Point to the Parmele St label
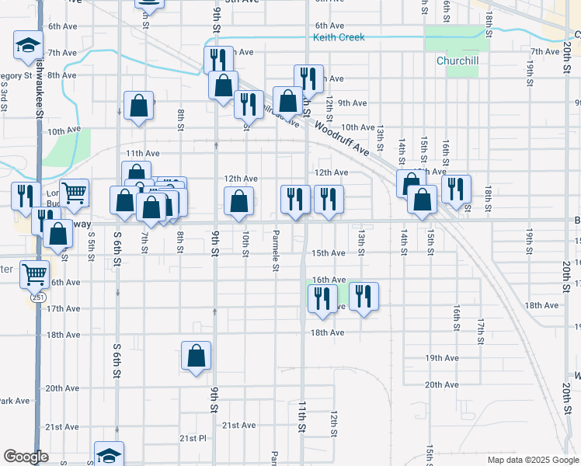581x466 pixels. (276, 249)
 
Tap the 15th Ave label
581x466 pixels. (328, 253)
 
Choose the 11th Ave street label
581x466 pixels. (142, 154)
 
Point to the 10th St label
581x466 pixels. (245, 243)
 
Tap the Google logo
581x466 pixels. (25, 457)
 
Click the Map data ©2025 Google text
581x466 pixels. (532, 460)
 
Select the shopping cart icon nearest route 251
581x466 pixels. (34, 273)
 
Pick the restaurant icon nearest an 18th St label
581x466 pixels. (456, 188)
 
